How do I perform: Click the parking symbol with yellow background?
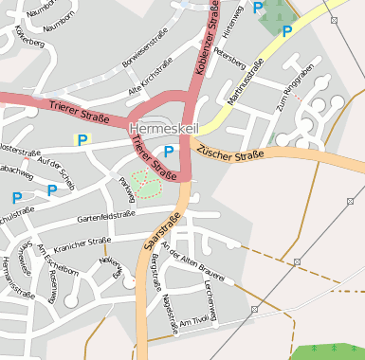coord(82,139)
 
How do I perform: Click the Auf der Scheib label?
coord(53,166)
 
